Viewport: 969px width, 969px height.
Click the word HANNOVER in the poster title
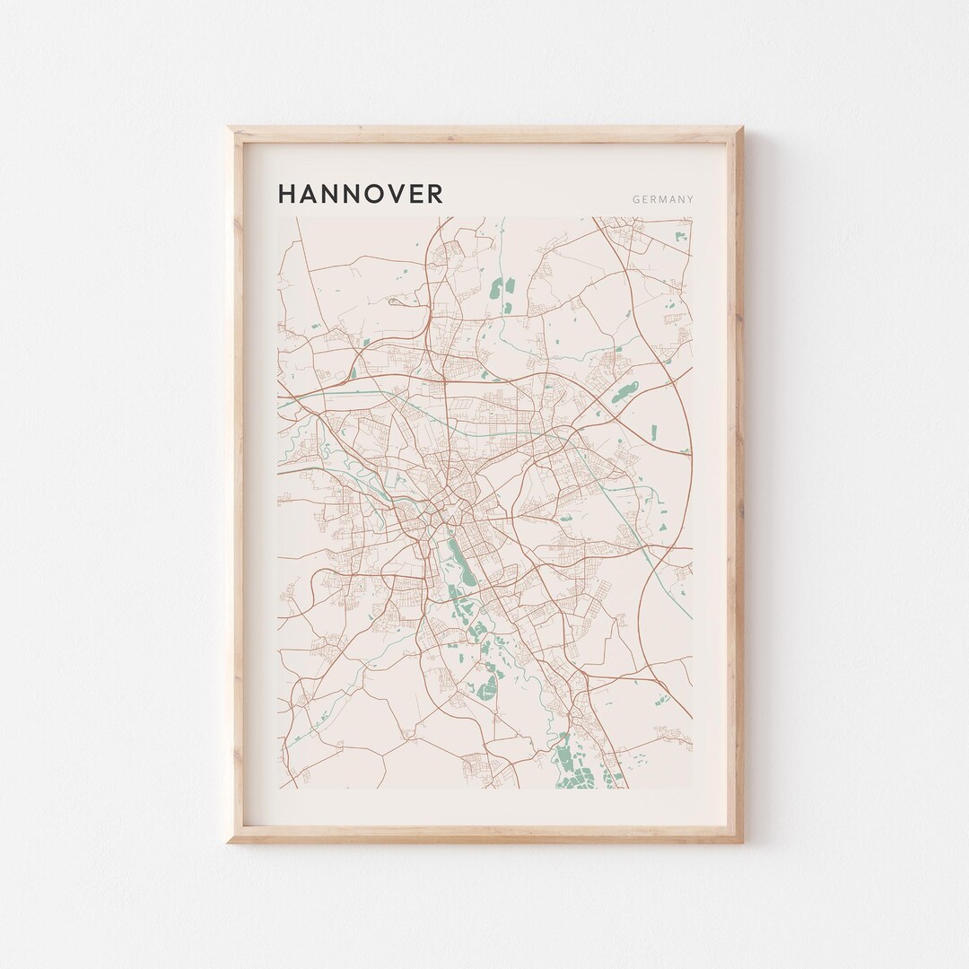[360, 194]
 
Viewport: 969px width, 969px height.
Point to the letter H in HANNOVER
[287, 194]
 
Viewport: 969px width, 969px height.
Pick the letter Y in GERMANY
[690, 199]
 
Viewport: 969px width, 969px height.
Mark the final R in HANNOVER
[434, 194]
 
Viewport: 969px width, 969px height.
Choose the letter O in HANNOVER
[365, 194]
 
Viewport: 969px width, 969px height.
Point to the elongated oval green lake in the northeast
[624, 393]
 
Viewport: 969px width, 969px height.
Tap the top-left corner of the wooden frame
[229, 128]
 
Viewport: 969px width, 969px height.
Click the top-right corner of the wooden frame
[741, 128]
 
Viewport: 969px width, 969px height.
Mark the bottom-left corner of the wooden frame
[229, 842]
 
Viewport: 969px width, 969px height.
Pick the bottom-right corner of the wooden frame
[741, 842]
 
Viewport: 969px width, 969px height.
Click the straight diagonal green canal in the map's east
[643, 520]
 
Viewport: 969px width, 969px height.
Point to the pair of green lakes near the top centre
[499, 292]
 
